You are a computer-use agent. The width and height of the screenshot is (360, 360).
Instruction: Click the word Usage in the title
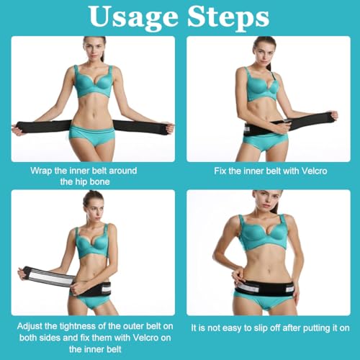[134, 17]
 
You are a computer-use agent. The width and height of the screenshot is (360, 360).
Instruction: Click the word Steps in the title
[228, 17]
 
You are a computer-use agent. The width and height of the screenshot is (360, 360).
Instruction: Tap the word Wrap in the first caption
[41, 171]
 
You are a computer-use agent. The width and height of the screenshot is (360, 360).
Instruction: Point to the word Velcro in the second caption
[315, 171]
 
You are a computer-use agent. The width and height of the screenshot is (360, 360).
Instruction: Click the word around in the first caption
[123, 171]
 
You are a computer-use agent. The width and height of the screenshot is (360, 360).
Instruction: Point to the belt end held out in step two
[329, 117]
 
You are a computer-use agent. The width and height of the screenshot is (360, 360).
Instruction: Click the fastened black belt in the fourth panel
[265, 288]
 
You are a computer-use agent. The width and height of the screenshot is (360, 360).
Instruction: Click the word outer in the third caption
[131, 326]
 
